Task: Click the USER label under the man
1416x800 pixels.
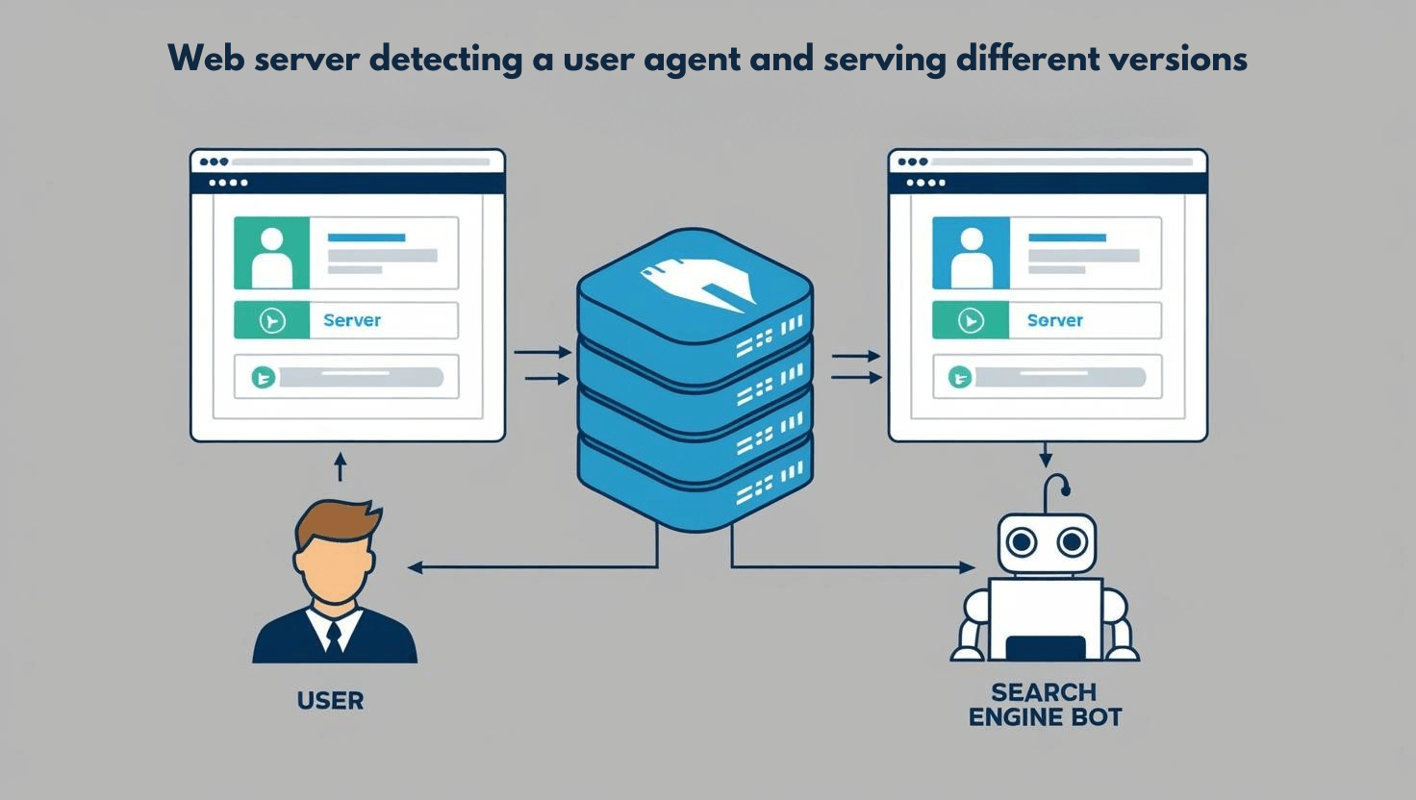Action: [x=331, y=700]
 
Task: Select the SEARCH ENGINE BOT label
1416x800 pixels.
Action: [x=1045, y=705]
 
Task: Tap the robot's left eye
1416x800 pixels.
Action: [x=1022, y=543]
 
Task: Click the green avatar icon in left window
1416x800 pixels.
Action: [x=272, y=253]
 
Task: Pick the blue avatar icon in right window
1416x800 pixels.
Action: [x=971, y=253]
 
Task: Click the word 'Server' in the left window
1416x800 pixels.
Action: [x=352, y=320]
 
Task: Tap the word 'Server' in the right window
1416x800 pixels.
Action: [x=1055, y=320]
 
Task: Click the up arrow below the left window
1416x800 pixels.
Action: [x=339, y=466]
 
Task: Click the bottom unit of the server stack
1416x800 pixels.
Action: [x=695, y=486]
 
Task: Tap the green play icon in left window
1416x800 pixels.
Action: [x=272, y=320]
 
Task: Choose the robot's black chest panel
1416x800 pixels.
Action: [x=1045, y=647]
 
